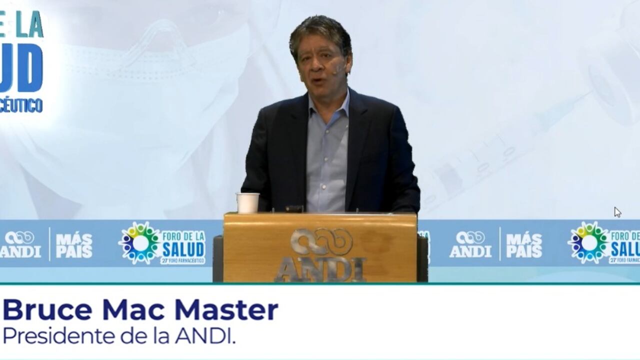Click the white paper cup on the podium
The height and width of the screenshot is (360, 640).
[x=247, y=202]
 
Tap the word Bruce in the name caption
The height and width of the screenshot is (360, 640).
[x=47, y=310]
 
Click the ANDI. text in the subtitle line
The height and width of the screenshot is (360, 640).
[x=205, y=335]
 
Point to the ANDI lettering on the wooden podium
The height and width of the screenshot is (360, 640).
[x=320, y=269]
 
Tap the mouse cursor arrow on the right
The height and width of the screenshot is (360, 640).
[x=617, y=212]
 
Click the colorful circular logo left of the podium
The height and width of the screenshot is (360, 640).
[x=140, y=243]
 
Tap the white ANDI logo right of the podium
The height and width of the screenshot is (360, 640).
[x=470, y=244]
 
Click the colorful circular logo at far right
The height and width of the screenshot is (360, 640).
[x=588, y=243]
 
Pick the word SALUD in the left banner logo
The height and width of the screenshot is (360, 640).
[x=183, y=248]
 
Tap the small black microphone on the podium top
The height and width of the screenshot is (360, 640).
[x=294, y=208]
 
